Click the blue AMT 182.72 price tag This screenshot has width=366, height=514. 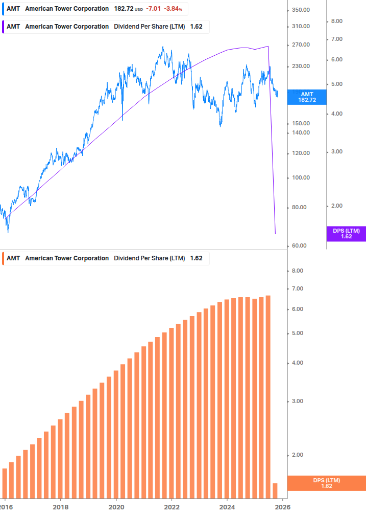[307, 97]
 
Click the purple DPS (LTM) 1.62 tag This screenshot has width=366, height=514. [346, 234]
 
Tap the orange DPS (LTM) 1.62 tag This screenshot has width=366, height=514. [327, 483]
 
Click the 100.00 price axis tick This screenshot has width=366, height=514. [301, 178]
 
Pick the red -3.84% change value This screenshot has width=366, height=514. [173, 9]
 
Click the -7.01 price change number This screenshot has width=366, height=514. [153, 9]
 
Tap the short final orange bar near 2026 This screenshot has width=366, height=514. [275, 490]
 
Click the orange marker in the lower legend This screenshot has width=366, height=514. [3, 258]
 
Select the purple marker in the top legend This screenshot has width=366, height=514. [3, 27]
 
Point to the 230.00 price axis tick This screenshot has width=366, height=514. [301, 66]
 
